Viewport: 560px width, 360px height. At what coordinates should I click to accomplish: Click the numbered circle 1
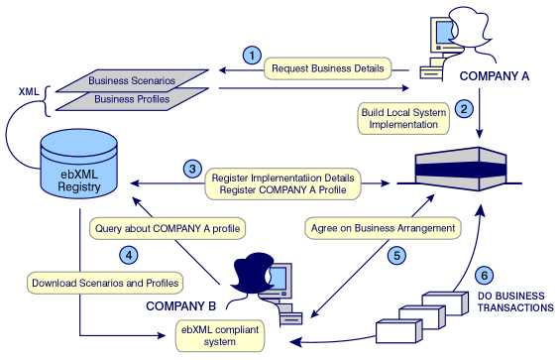[x=253, y=56]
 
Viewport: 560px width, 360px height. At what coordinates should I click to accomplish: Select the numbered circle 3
[x=192, y=169]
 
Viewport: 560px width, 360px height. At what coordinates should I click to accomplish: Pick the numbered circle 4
[x=128, y=255]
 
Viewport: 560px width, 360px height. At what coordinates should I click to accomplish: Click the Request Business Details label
[x=337, y=67]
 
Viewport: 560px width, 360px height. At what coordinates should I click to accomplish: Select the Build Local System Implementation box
[x=402, y=118]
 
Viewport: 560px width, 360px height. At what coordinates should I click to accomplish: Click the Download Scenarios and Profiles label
[x=106, y=283]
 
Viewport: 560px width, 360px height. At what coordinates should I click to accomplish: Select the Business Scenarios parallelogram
[x=134, y=80]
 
